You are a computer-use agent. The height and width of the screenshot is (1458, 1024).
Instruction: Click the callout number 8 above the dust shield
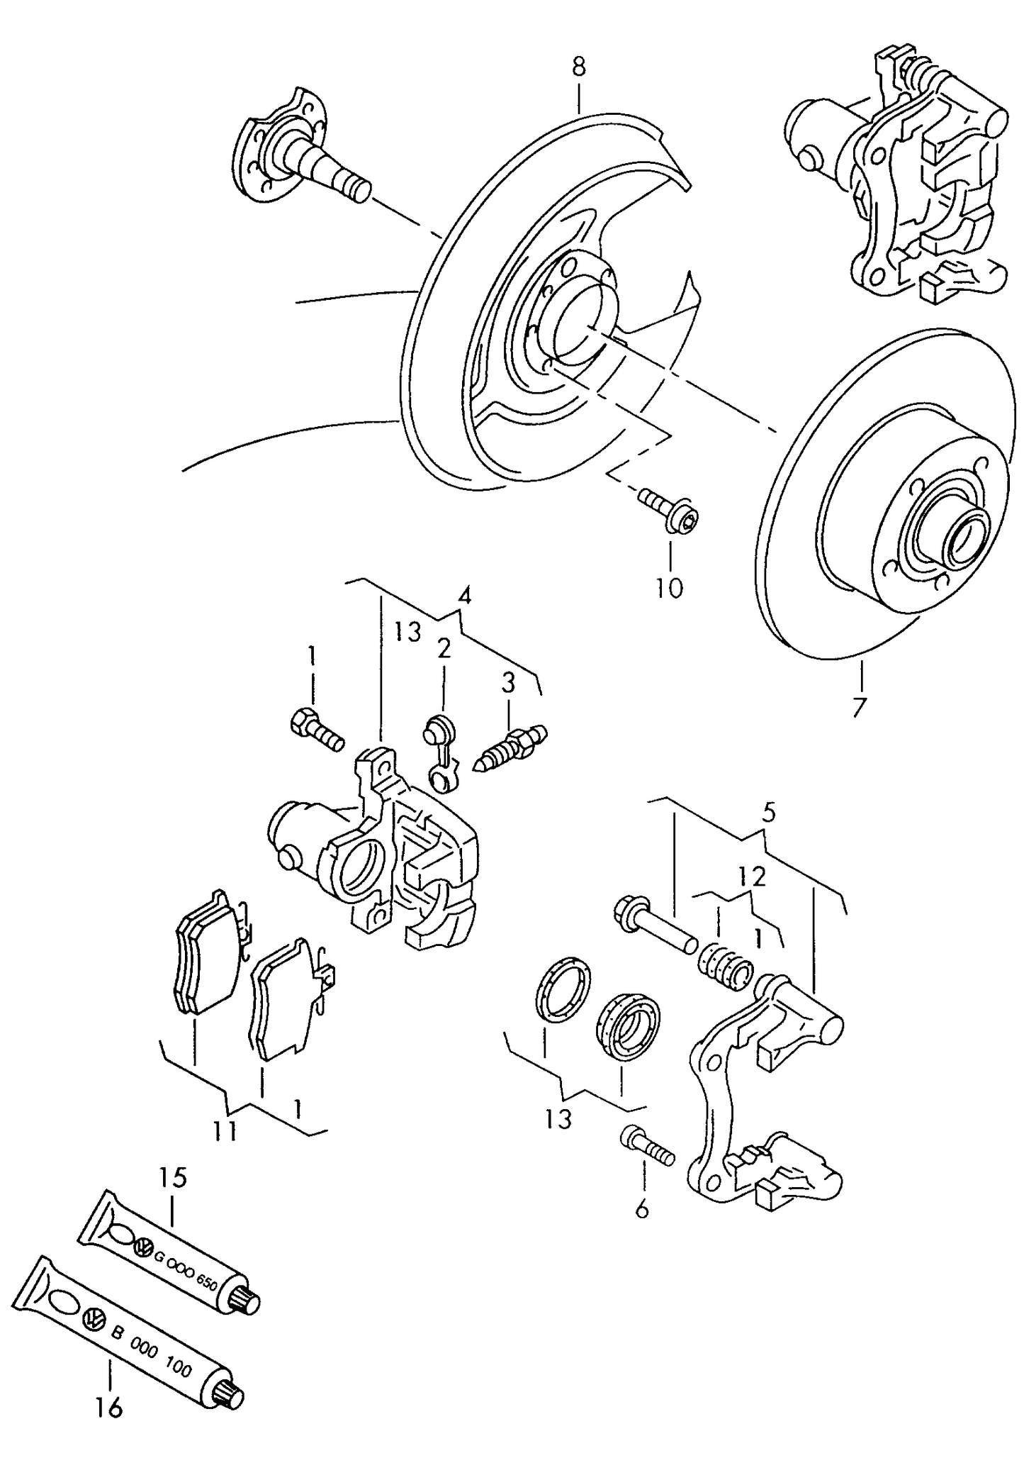tap(579, 67)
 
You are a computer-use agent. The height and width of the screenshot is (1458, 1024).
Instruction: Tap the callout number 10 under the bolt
tap(668, 588)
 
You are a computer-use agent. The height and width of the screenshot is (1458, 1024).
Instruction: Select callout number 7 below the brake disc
tap(860, 707)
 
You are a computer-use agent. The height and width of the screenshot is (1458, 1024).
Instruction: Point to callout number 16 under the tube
tap(110, 1407)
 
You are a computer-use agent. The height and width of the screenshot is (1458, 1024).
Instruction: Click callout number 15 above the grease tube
tap(173, 1178)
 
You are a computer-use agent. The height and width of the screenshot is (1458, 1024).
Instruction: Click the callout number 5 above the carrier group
tap(770, 812)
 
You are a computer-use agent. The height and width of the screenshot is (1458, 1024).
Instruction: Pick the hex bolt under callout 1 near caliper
tap(316, 730)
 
